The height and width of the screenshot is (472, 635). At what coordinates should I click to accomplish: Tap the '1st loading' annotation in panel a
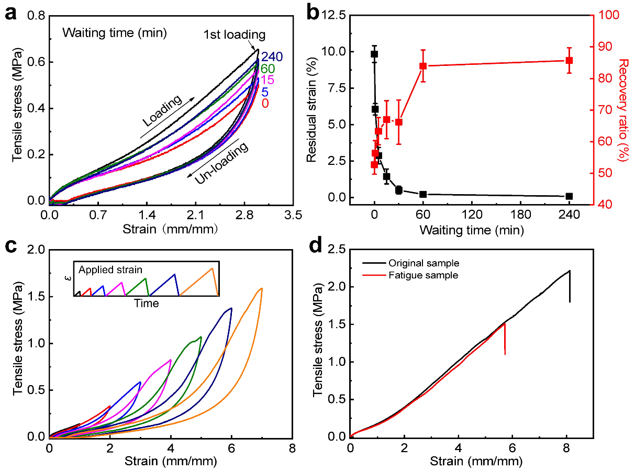pos(235,35)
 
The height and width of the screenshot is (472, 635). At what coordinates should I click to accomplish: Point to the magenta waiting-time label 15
pos(268,80)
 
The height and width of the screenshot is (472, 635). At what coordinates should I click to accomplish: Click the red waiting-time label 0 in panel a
pos(265,103)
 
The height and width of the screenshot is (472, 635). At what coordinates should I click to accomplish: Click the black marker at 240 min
pos(569,196)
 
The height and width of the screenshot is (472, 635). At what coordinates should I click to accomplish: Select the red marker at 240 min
pos(569,60)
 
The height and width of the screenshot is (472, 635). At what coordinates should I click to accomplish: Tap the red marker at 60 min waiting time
pos(423,66)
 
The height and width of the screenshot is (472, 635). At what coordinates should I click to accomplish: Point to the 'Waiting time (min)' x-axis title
pos(471,229)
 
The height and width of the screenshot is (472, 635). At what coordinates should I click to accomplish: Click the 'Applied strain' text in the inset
pos(110,270)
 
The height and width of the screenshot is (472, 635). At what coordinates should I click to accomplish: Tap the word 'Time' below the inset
pos(146,303)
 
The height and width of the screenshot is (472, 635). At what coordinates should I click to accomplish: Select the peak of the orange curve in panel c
pos(261,288)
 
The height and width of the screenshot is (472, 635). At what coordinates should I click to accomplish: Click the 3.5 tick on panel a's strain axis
pos(293,214)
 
